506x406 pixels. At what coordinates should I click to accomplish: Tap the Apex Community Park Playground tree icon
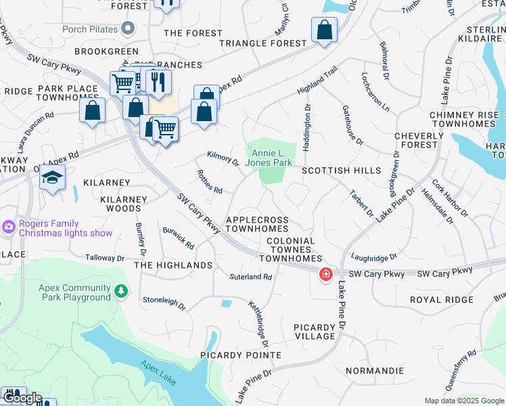pos(121,291)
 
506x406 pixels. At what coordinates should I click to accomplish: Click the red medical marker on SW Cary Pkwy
pos(325,274)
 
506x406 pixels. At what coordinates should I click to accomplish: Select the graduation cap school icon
pos(52,178)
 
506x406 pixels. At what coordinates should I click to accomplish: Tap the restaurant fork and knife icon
pos(158,82)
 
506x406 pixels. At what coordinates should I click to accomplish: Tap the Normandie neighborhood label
pos(374,371)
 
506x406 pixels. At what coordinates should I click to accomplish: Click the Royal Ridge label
pos(441,299)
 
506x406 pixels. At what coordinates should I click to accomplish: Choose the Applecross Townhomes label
pos(257,225)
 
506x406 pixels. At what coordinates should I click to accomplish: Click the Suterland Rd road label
pos(250,277)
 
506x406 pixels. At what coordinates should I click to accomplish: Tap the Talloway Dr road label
pos(105,258)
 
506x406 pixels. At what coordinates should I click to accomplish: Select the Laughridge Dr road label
pos(374,257)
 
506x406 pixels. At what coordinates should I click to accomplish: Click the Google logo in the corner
pos(22,399)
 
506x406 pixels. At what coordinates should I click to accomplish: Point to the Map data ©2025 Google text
pos(463,401)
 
